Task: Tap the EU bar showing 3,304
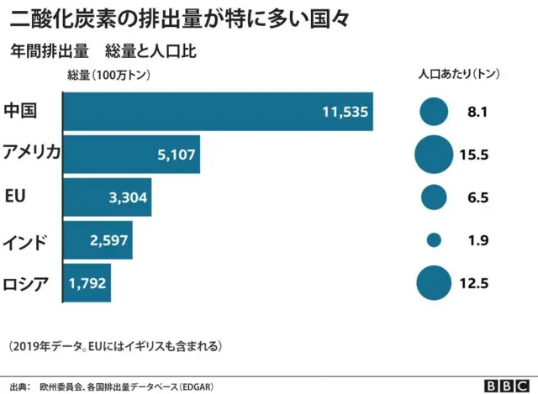click(x=108, y=197)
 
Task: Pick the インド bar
click(x=98, y=241)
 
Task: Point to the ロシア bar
click(x=87, y=283)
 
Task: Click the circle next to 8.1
click(x=434, y=111)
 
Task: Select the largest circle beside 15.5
click(x=434, y=154)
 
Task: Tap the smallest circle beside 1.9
click(x=434, y=240)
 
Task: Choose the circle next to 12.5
click(x=434, y=283)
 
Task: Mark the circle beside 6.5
click(x=434, y=197)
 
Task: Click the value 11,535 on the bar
click(x=345, y=112)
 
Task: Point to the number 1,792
click(x=87, y=284)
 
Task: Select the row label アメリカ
click(x=31, y=153)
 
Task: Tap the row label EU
click(x=14, y=197)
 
